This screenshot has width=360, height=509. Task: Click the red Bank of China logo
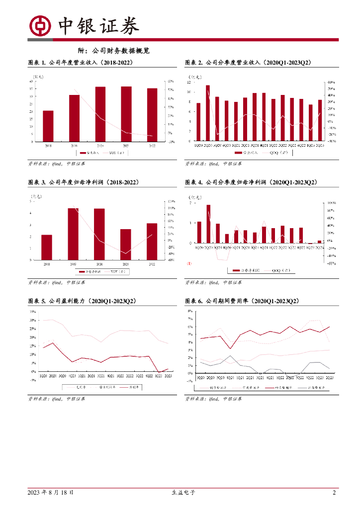[40, 26]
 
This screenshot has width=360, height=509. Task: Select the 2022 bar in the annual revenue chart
[152, 115]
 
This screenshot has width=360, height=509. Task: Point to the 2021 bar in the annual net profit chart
[126, 244]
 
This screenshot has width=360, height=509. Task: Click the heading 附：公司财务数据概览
[114, 51]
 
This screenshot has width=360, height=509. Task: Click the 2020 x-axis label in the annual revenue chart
[100, 146]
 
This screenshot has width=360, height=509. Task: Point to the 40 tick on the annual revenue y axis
[32, 82]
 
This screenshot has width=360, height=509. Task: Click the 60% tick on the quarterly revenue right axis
[331, 82]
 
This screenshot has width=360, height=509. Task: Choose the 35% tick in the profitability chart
[32, 312]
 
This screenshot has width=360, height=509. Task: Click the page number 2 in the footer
[335, 493]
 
